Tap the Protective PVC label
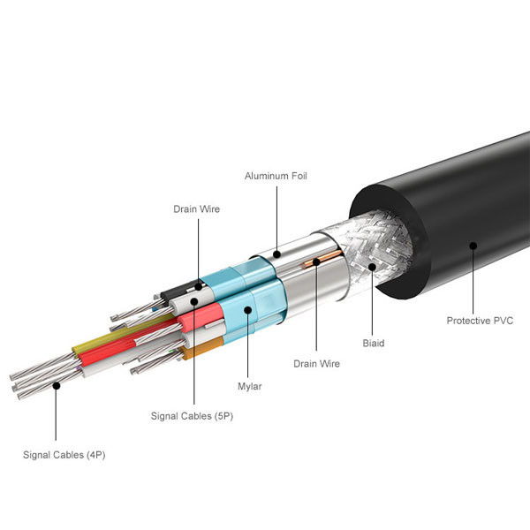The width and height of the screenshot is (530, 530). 480,320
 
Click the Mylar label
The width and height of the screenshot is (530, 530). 251,386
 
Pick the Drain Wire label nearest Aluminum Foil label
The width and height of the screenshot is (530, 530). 196,209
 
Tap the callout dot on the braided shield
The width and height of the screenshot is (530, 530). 372,264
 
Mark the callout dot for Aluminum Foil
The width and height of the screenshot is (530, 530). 276,255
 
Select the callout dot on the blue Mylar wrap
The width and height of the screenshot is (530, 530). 248,310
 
